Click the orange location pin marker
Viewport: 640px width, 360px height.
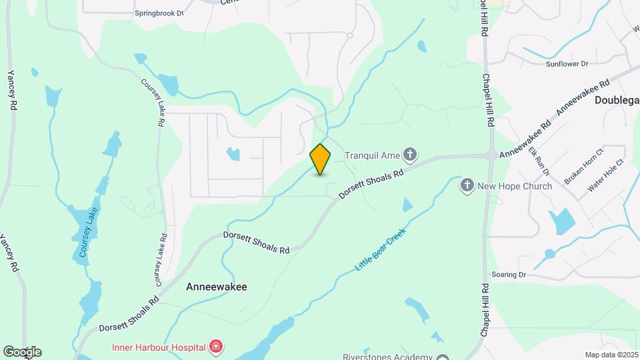click(x=321, y=159)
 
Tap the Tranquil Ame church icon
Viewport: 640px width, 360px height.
click(x=410, y=156)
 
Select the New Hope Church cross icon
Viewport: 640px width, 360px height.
click(x=468, y=186)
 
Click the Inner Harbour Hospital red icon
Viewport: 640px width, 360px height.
click(x=215, y=346)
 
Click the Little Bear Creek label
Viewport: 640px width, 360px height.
click(x=380, y=249)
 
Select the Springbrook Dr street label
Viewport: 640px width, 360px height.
click(x=159, y=13)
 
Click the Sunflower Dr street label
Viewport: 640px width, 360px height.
click(x=567, y=64)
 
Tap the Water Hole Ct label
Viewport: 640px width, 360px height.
click(x=605, y=175)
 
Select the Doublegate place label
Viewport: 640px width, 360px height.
click(x=616, y=99)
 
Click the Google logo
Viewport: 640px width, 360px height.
click(x=22, y=352)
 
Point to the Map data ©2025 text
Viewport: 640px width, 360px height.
click(x=611, y=355)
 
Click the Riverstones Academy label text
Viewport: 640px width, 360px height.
click(x=387, y=357)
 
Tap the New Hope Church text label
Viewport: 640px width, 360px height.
click(x=515, y=186)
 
